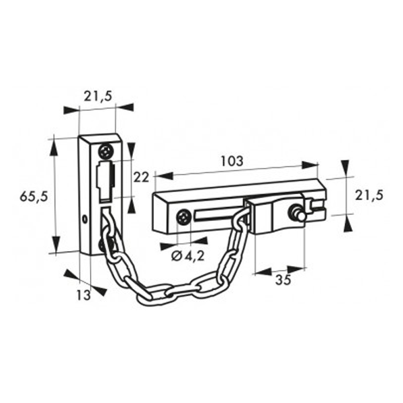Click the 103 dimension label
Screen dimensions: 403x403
coord(232,162)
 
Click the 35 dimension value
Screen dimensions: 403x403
coord(283,280)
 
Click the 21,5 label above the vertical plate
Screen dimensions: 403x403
coord(98,96)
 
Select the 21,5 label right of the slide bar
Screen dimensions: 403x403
coord(369,195)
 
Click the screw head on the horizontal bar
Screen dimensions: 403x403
coord(183,217)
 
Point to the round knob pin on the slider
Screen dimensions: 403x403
coord(296,214)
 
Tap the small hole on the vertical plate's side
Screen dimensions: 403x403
coord(85,218)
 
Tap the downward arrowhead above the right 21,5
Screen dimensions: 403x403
coord(345,167)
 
